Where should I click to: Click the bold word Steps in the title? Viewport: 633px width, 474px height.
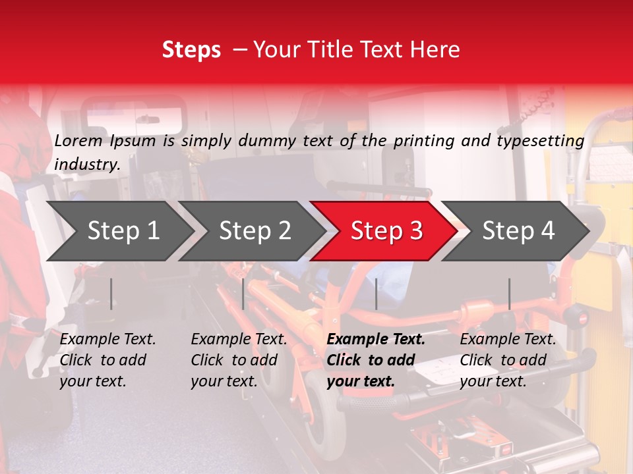pos(191,50)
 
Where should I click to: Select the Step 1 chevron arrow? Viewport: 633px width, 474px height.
pos(119,231)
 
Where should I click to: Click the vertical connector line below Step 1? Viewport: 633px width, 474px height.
pos(111,294)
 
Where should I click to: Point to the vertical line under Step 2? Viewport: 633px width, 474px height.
pos(243,294)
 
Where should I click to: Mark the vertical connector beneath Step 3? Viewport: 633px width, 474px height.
pos(376,294)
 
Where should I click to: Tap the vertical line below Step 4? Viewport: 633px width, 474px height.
pos(510,294)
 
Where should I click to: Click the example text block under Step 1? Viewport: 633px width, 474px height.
pos(107,360)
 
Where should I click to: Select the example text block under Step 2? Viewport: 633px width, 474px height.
pos(239,360)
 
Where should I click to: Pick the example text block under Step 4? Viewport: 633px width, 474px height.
pos(508,360)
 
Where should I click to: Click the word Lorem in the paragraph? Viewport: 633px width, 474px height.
pos(78,140)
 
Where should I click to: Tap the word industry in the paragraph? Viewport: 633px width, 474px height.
pos(86,165)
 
